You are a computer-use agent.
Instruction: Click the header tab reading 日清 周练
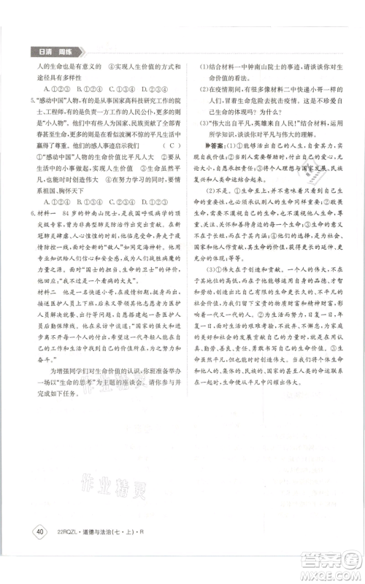pos(53,51)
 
